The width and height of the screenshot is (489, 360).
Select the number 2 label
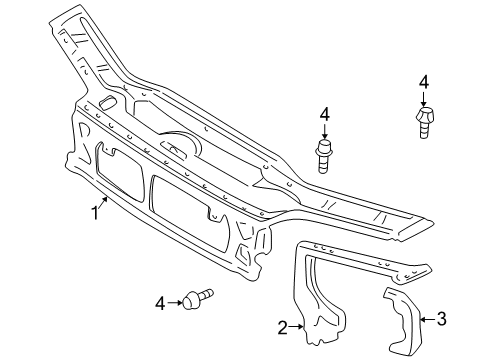coord(282,325)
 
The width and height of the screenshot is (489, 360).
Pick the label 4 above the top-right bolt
coord(424,81)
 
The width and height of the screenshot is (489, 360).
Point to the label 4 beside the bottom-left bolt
coord(159,302)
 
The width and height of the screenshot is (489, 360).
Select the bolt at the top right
coord(423,124)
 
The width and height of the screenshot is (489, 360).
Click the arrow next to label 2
coord(296,324)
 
